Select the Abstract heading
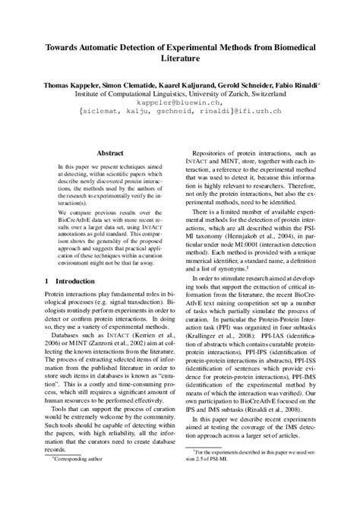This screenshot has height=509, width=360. click(x=99, y=153)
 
